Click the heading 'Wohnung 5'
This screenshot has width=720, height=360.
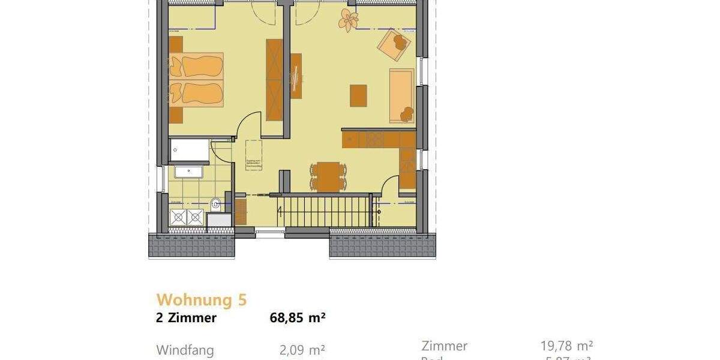pyautogui.click(x=201, y=299)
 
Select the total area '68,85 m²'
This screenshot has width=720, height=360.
pyautogui.click(x=298, y=318)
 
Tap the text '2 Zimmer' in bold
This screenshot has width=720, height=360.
pyautogui.click(x=186, y=318)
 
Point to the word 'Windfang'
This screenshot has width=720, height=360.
pyautogui.click(x=185, y=350)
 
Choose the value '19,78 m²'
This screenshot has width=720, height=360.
pyautogui.click(x=566, y=346)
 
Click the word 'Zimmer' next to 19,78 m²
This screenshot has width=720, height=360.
pyautogui.click(x=444, y=346)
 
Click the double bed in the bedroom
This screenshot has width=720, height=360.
pyautogui.click(x=196, y=79)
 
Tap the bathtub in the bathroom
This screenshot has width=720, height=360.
pyautogui.click(x=189, y=149)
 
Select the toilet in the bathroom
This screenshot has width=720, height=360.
pyautogui.click(x=215, y=204)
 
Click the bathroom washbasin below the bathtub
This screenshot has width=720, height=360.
pyautogui.click(x=188, y=172)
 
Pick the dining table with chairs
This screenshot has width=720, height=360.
pyautogui.click(x=328, y=176)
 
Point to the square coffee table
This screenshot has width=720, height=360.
pyautogui.click(x=358, y=95)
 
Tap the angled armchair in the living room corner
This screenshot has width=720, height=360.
pyautogui.click(x=394, y=44)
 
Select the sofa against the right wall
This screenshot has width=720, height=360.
pyautogui.click(x=402, y=95)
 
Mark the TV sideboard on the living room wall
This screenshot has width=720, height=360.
pyautogui.click(x=296, y=75)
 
